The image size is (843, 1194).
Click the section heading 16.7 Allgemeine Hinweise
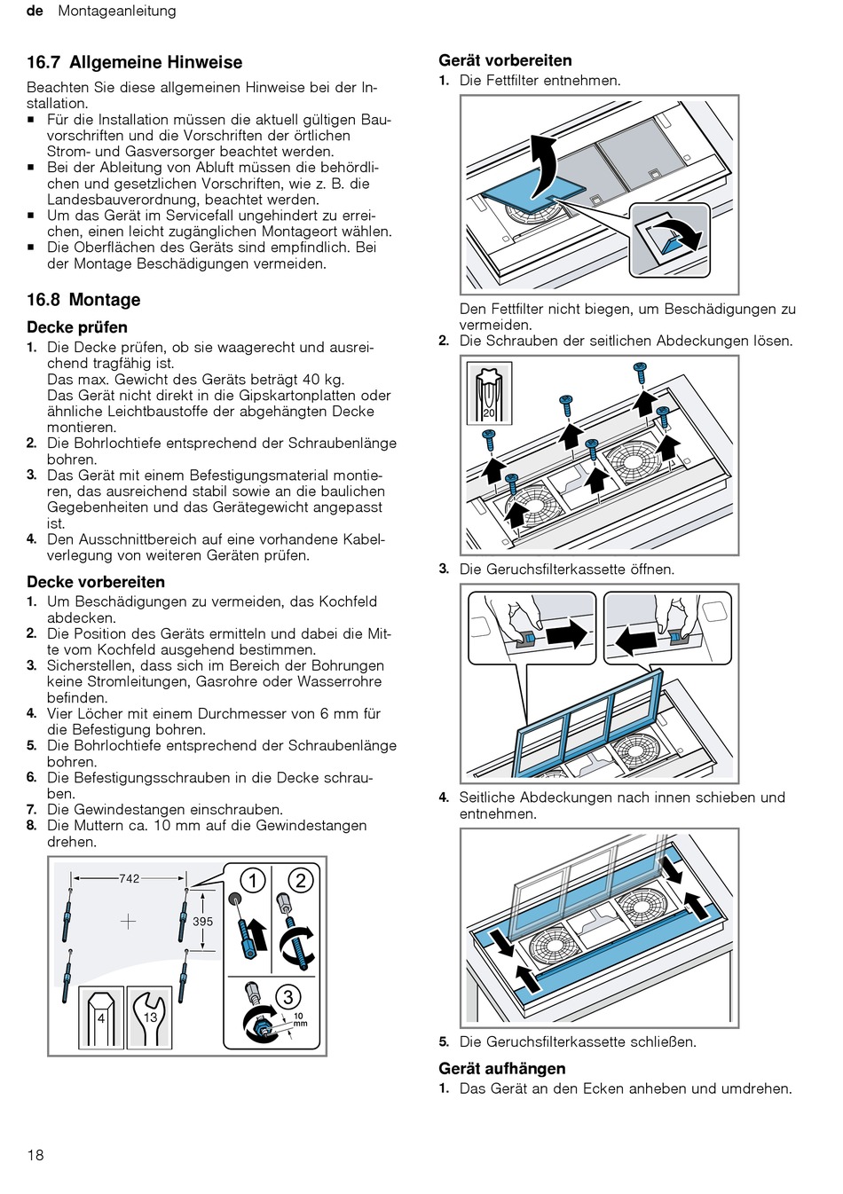coord(134,62)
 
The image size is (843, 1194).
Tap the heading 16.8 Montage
coord(83,300)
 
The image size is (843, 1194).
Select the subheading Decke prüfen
coord(77,326)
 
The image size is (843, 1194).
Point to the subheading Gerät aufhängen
coord(502,1068)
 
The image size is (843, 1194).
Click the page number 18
coord(35,1155)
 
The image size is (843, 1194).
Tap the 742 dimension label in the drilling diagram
coord(130,878)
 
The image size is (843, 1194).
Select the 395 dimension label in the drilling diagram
coord(202,921)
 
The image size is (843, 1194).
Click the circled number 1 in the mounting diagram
coord(253,881)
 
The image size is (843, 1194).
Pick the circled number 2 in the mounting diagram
coord(301,881)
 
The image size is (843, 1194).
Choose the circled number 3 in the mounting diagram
coord(288,996)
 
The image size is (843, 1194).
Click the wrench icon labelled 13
coord(150,1017)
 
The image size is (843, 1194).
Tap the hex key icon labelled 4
coord(101,1017)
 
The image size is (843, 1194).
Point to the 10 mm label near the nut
coord(300,1020)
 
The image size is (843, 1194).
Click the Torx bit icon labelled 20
coord(489,393)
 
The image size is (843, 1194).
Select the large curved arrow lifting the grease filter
coord(541,166)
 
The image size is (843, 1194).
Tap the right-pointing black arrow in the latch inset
coord(566,633)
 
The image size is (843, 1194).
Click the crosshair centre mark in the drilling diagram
coord(128,921)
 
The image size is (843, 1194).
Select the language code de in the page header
coord(35,11)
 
